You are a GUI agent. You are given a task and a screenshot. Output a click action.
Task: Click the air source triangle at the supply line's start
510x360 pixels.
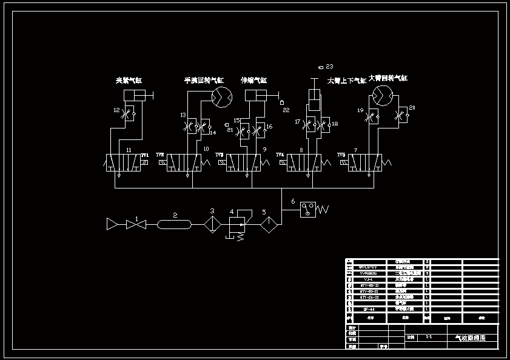click(x=112, y=224)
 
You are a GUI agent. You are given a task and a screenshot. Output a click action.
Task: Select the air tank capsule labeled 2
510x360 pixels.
click(x=175, y=225)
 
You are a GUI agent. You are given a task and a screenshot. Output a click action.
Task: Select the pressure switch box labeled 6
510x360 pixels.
click(x=308, y=210)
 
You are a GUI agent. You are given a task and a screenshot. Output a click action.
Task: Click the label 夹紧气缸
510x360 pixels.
click(x=129, y=80)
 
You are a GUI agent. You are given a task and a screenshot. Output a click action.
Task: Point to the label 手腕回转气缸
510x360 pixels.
click(x=204, y=80)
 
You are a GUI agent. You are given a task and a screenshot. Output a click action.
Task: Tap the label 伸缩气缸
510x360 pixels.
click(x=253, y=80)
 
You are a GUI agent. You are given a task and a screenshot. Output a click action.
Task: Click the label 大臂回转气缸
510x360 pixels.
click(x=388, y=78)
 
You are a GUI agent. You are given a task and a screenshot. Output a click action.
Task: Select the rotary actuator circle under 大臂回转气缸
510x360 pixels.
click(x=382, y=96)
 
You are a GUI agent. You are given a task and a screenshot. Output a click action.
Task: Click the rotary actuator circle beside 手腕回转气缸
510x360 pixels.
click(x=221, y=96)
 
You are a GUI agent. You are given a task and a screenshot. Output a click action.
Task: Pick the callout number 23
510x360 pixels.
click(x=330, y=66)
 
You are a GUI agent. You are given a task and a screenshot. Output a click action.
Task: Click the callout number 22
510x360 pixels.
click(x=286, y=110)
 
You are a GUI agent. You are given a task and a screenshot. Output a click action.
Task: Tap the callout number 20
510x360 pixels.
click(x=412, y=108)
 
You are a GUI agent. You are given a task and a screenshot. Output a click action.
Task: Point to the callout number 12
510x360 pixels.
click(x=116, y=110)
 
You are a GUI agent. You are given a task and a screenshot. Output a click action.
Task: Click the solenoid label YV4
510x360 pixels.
click(x=280, y=155)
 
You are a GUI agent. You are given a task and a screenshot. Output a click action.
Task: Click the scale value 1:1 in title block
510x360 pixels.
click(x=429, y=336)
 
